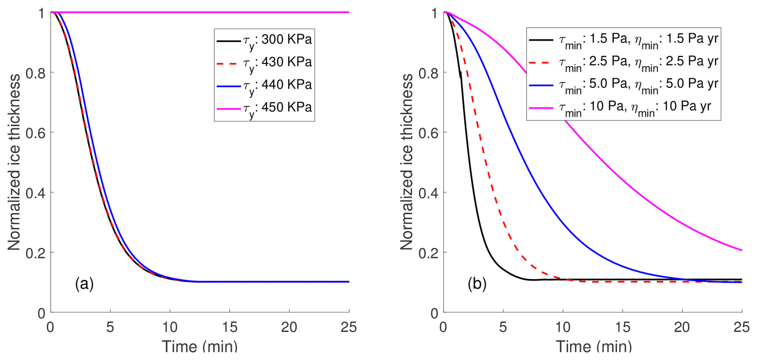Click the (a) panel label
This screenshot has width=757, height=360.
(x=84, y=284)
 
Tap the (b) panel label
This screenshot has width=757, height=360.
(x=477, y=284)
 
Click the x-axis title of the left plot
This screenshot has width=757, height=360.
(x=200, y=346)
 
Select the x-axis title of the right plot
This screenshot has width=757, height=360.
(x=593, y=346)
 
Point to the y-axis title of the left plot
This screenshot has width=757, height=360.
(x=14, y=162)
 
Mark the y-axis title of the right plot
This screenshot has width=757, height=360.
(x=407, y=162)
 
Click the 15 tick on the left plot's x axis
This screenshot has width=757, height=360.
(x=230, y=327)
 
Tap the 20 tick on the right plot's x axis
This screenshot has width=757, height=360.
(x=682, y=327)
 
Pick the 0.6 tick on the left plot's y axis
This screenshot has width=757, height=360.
(x=35, y=133)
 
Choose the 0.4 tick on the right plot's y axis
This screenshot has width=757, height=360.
(x=428, y=193)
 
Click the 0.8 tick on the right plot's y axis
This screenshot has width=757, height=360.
(x=428, y=73)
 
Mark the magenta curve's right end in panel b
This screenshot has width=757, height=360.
(x=741, y=250)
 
